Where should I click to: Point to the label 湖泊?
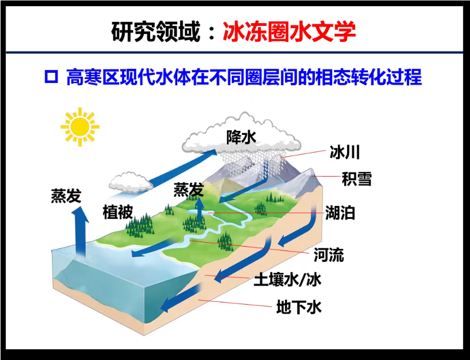[x=340, y=213]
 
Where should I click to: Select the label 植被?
[x=117, y=212]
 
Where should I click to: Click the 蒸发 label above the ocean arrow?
[x=66, y=195]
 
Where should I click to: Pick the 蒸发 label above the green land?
[x=188, y=190]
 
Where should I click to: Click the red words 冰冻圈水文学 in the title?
[x=289, y=32]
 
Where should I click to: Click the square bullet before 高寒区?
[x=52, y=76]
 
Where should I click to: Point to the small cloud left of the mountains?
[x=130, y=181]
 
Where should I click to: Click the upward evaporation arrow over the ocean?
[x=79, y=231]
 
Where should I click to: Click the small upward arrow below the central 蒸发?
[x=200, y=212]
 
